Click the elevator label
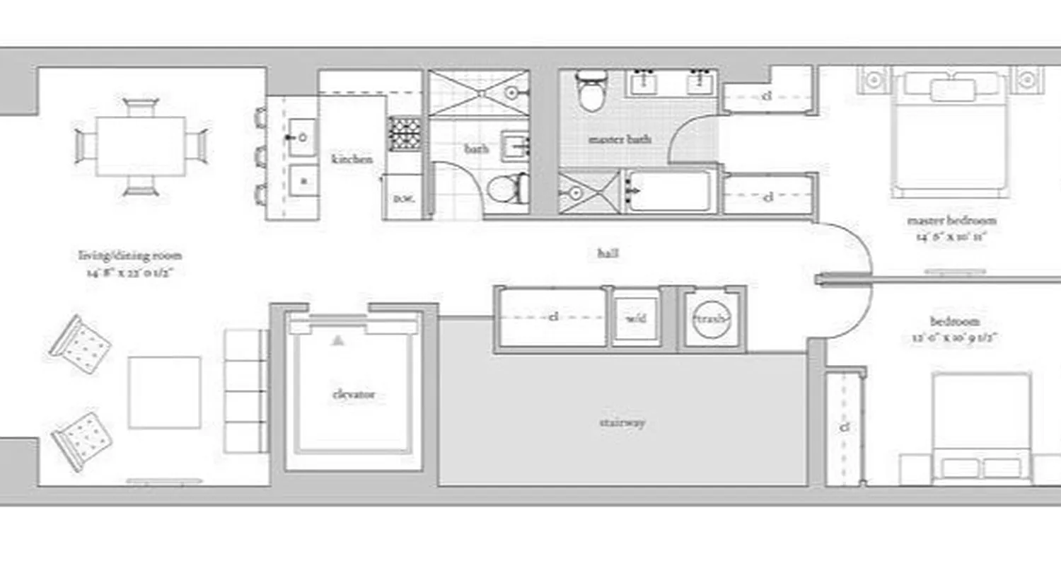(x=353, y=394)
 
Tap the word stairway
(x=622, y=422)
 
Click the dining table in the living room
(x=141, y=146)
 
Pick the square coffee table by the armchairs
(x=164, y=392)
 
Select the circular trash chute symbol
(x=710, y=320)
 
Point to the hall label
(x=608, y=252)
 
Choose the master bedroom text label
(x=946, y=221)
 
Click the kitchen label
(x=352, y=159)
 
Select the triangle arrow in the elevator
(x=338, y=340)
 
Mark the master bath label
(x=620, y=139)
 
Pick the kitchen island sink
(x=303, y=137)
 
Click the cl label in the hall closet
(x=554, y=317)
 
